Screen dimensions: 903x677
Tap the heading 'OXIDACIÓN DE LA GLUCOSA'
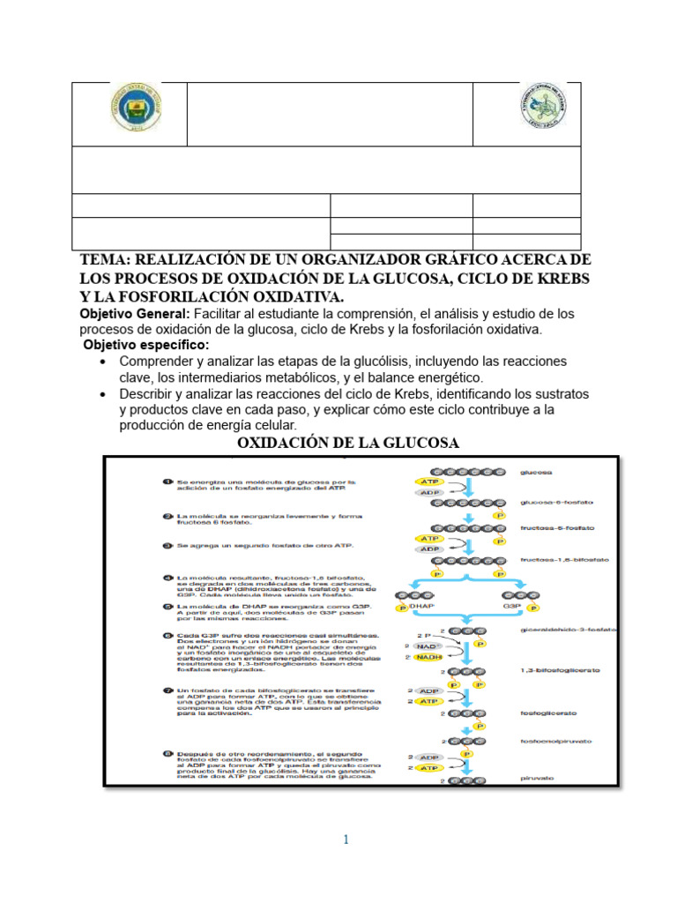pyautogui.click(x=349, y=442)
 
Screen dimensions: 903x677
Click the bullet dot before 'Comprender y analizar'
pyautogui.click(x=104, y=362)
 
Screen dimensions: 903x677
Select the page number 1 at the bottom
pyautogui.click(x=346, y=840)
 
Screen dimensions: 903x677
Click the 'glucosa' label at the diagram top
pyautogui.click(x=536, y=473)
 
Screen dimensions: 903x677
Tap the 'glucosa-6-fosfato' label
pyautogui.click(x=555, y=503)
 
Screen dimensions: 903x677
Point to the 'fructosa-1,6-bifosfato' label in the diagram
pyautogui.click(x=564, y=560)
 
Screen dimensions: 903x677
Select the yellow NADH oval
pyautogui.click(x=429, y=657)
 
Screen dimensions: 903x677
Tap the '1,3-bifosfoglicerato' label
pyautogui.click(x=561, y=671)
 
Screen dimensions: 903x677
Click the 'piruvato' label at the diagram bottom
pyautogui.click(x=536, y=780)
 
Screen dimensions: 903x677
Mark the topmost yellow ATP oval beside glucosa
pyautogui.click(x=429, y=481)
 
